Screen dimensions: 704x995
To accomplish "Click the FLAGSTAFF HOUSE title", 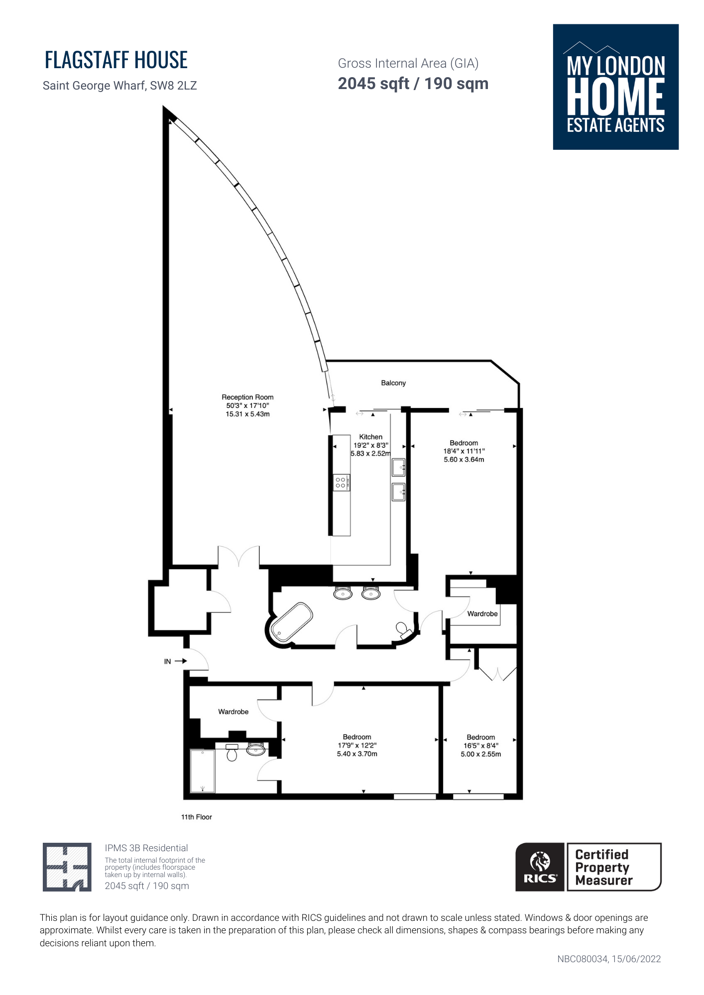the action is [116, 60].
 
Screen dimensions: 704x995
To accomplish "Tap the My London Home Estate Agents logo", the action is [616, 87].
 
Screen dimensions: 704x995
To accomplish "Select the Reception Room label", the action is [247, 397].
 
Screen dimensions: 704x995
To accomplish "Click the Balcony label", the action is [393, 383].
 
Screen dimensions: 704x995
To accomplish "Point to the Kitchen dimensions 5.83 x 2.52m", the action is [371, 454].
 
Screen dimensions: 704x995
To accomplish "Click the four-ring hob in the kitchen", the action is [341, 483].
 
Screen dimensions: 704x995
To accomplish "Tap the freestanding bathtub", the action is [291, 622].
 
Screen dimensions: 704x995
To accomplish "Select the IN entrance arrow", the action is [181, 661].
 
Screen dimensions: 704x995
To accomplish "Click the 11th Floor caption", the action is [197, 817].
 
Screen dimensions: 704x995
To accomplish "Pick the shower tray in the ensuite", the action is [203, 771].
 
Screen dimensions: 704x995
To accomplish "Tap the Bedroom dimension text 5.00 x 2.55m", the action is [481, 754].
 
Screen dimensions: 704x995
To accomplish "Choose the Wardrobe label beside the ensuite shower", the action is [234, 712].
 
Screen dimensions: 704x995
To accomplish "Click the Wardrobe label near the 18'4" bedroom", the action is [482, 614].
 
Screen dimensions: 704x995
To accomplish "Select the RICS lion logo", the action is [540, 867].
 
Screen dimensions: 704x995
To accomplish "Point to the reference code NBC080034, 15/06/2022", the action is [609, 959].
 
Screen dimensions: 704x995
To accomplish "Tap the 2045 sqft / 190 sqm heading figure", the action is [413, 84].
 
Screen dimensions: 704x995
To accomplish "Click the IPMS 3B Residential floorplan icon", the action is [67, 867].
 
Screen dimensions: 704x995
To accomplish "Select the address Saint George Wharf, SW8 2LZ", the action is [120, 86].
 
